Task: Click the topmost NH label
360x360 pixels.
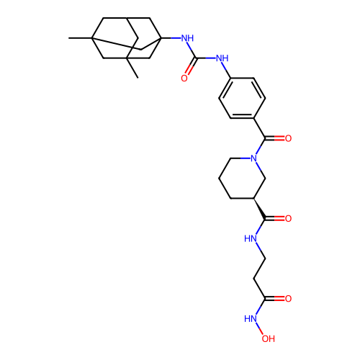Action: (x=187, y=38)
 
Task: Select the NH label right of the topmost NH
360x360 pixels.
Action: (x=222, y=58)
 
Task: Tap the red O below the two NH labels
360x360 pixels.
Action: (x=184, y=78)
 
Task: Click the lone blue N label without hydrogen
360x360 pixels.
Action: (x=253, y=158)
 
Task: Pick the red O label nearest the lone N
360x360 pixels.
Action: (x=288, y=138)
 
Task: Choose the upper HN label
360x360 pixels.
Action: (x=251, y=238)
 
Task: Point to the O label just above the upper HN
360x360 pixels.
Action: (x=288, y=218)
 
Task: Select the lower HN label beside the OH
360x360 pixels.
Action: (x=251, y=318)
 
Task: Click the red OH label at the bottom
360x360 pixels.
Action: (x=268, y=338)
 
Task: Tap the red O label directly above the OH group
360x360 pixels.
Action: (x=288, y=299)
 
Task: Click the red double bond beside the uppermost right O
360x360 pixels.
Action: (x=279, y=138)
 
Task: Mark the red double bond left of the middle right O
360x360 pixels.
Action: (x=279, y=218)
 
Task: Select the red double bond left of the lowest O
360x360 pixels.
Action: (x=279, y=299)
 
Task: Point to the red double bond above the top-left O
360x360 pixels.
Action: (x=190, y=69)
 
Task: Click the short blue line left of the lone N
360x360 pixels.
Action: (x=244, y=158)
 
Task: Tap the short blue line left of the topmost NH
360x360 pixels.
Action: (x=176, y=37)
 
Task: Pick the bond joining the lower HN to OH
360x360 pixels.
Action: (x=261, y=328)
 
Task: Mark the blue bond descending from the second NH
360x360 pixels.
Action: (x=224, y=67)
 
